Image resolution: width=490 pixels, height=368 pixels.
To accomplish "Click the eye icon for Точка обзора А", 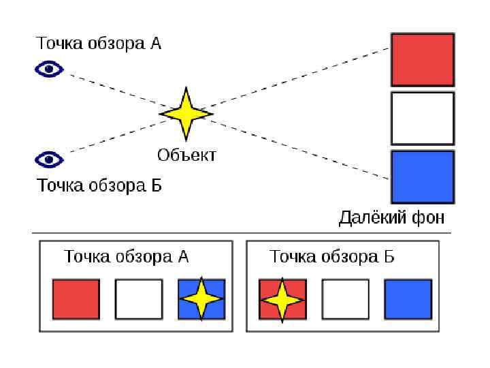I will pos(49,69).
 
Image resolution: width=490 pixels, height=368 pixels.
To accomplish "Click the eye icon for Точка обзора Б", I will pos(49,159).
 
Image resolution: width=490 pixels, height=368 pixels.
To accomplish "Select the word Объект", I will pos(186,155).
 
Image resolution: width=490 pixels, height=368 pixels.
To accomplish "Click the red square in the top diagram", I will pos(422,60).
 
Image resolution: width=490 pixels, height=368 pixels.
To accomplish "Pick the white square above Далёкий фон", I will pos(422,119).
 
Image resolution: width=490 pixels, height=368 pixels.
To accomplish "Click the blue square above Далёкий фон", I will pos(422,177).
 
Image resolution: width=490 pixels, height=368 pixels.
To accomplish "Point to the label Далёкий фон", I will pos(392,218).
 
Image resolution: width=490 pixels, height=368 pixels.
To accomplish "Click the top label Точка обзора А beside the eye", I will pos(99,44).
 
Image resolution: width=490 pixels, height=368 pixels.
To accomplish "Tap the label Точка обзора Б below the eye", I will pos(99,185).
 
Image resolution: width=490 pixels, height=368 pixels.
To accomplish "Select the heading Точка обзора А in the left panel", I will pos(126,257).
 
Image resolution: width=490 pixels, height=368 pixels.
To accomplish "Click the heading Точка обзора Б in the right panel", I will pos(332,257).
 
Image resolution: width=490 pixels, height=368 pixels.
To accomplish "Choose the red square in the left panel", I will pos(76,299).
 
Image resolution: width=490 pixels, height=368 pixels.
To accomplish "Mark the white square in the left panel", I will pos(139,299).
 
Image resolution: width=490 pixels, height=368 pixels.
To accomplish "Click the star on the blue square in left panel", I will pos(201,298).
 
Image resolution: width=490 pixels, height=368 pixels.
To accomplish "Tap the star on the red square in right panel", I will pos(281,299).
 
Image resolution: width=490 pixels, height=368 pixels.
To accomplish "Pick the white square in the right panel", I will pos(345,299).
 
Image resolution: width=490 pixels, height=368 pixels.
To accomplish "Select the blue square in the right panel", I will pos(408,299).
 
